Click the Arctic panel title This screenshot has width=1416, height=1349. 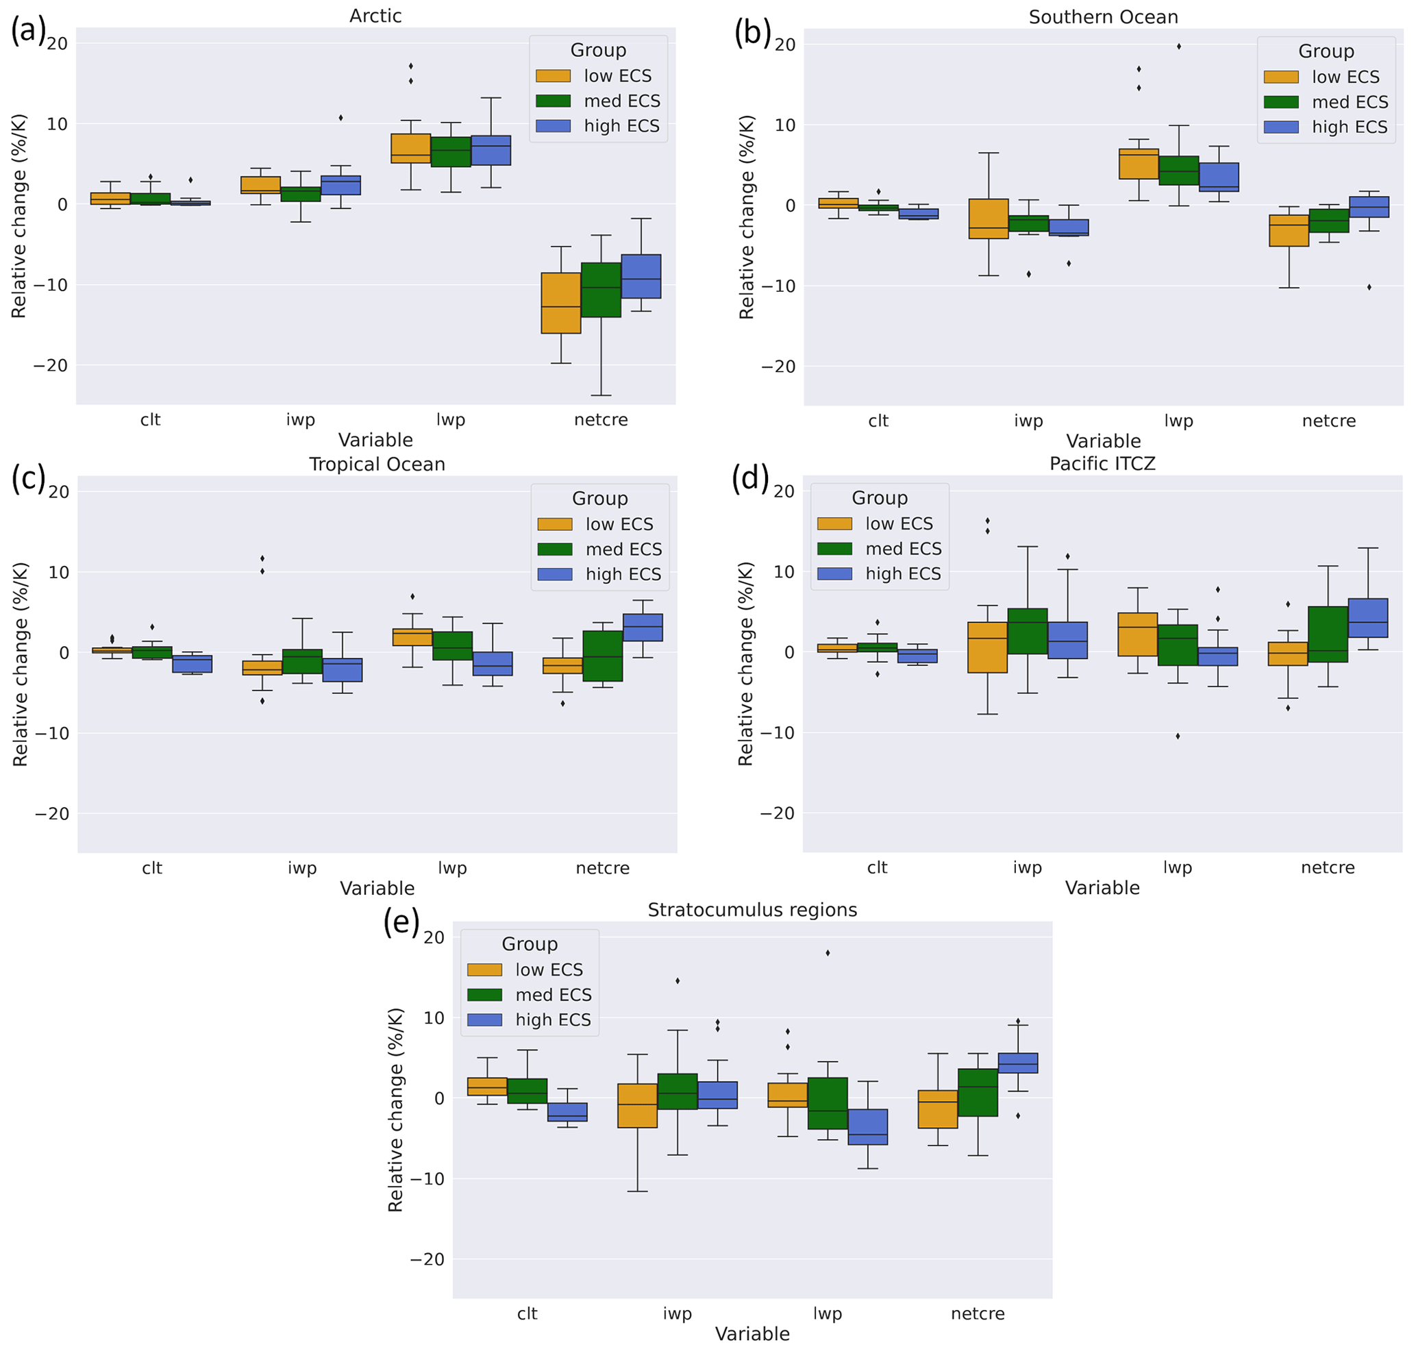[375, 16]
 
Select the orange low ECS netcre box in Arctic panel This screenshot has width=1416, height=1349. [561, 303]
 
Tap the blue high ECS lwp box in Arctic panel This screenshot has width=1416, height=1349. [490, 150]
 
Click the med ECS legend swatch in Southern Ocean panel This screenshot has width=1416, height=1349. [1281, 102]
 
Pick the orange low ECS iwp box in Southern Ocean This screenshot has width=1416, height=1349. [988, 219]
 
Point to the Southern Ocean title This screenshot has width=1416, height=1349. [1103, 17]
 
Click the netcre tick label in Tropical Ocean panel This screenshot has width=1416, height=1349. [603, 868]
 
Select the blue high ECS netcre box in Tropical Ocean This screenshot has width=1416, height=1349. [642, 627]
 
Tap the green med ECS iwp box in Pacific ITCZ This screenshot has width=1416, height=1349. [1028, 630]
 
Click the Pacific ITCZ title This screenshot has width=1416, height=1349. [1102, 464]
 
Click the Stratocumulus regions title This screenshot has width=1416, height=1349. [752, 910]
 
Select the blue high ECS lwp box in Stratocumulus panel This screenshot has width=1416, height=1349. [867, 1127]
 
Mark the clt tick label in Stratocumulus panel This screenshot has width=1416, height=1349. [527, 1314]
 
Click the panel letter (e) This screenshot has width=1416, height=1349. [401, 922]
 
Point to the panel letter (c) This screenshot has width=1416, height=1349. [29, 478]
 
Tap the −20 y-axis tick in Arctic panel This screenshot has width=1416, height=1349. [50, 365]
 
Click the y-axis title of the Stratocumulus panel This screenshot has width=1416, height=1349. [395, 1109]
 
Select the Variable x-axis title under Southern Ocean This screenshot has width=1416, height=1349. [1103, 441]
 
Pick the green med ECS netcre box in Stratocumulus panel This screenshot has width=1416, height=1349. [978, 1092]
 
